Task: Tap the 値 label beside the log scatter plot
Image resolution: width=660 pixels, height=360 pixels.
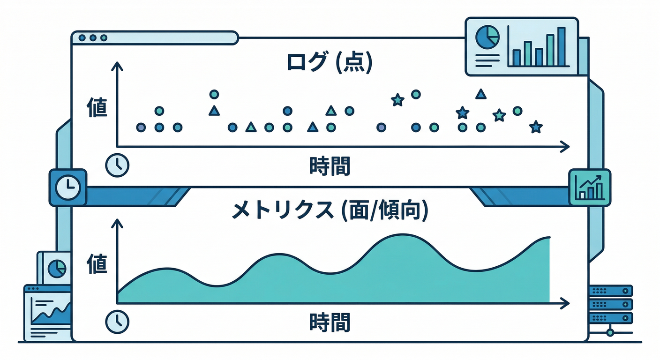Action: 97,108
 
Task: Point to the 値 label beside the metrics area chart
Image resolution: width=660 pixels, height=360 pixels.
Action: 97,263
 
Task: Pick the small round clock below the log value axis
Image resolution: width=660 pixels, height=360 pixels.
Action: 117,165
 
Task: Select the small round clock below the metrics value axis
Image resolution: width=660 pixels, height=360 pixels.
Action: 117,321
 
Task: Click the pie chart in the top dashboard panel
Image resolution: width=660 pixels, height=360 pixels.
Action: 487,37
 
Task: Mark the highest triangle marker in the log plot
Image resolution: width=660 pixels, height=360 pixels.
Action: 480,94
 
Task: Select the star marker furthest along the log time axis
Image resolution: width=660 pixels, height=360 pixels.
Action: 535,127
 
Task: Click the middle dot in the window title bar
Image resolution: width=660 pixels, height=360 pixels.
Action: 93,37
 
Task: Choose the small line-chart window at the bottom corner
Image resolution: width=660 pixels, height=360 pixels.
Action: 47,309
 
